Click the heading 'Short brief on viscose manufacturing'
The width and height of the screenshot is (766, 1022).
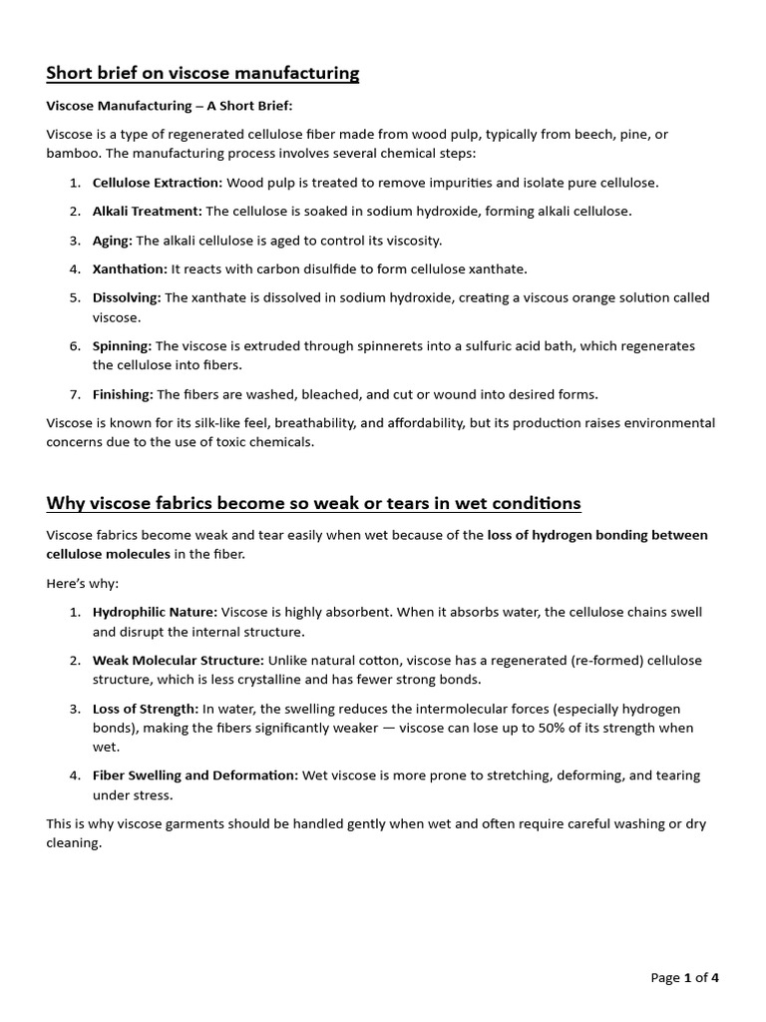[x=202, y=73]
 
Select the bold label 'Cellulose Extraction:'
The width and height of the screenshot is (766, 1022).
[x=158, y=183]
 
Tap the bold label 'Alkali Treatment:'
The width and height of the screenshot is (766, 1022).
[x=147, y=211]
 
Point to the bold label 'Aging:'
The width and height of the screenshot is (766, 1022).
[x=112, y=241]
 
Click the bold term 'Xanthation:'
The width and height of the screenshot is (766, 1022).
[x=130, y=268]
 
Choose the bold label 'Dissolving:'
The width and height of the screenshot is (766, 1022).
[x=127, y=297]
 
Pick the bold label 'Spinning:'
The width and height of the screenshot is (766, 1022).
[x=122, y=345]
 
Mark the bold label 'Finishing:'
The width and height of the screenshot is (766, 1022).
[x=123, y=394]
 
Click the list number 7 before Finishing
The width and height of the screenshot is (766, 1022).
[x=75, y=394]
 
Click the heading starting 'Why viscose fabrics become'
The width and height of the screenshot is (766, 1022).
[x=313, y=502]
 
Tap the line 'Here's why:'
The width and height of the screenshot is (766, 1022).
[x=82, y=583]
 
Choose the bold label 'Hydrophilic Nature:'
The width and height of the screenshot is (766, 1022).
[x=155, y=612]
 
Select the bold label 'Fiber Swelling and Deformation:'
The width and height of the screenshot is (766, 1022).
[x=194, y=775]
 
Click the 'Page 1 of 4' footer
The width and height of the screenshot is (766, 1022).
[x=683, y=978]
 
